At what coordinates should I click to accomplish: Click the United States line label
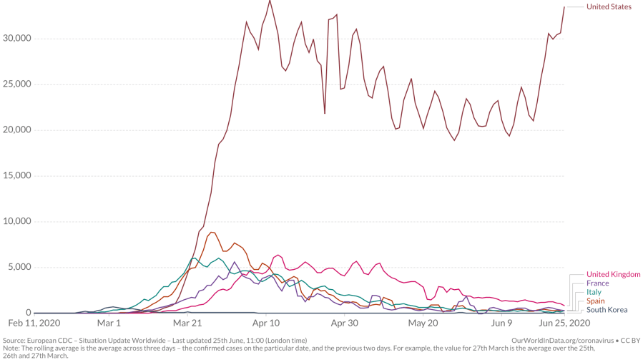tap(609, 7)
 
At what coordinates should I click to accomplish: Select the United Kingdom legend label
tap(613, 275)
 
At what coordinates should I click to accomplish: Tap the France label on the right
tap(598, 283)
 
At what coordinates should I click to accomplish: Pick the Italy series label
tap(594, 292)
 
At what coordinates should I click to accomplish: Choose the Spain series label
tap(596, 301)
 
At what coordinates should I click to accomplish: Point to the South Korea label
tap(607, 309)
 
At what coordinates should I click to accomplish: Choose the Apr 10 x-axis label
tap(267, 323)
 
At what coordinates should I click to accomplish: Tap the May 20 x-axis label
tap(423, 323)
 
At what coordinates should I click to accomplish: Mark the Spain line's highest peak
tap(212, 232)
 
